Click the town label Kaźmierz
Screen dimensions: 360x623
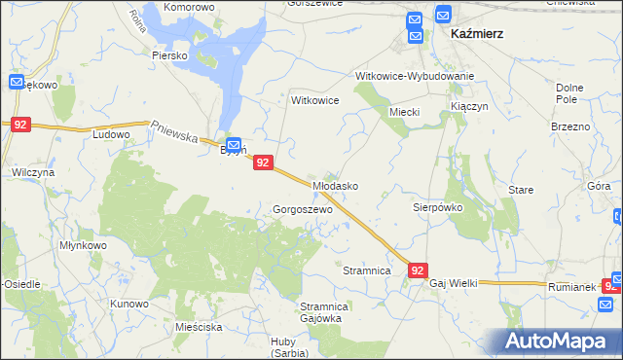coord(477,33)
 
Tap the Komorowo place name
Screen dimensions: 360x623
coord(189,7)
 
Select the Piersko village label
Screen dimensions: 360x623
coord(169,55)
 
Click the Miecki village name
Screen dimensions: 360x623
coord(404,112)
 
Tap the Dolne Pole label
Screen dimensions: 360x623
coord(574,93)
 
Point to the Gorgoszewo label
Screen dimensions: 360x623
coord(303,209)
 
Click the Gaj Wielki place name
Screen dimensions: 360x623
coord(454,282)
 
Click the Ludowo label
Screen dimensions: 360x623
coord(111,134)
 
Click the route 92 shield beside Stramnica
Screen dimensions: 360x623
coord(418,270)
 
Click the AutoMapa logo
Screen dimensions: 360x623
coord(558,341)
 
